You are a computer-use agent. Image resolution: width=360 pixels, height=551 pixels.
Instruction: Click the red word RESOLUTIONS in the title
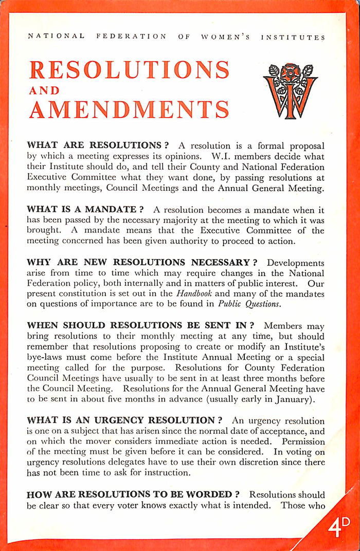pos(129,70)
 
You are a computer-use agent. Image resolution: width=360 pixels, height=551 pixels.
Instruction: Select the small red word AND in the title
pos(44,90)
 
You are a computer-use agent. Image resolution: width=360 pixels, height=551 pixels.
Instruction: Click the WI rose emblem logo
pos(291,91)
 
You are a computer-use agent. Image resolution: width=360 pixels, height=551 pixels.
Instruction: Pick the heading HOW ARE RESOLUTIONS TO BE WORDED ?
pos(133,494)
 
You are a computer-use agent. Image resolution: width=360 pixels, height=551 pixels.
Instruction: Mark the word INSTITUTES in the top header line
pos(293,37)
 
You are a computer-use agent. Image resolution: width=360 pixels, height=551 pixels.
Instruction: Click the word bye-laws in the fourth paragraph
pos(44,357)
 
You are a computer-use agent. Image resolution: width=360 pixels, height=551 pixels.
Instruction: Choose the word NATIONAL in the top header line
pos(57,37)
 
